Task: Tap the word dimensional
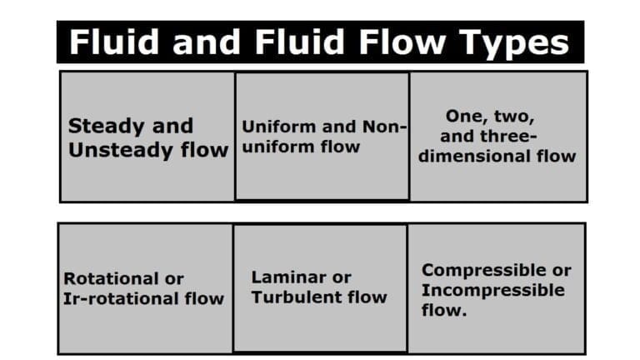(x=478, y=156)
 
